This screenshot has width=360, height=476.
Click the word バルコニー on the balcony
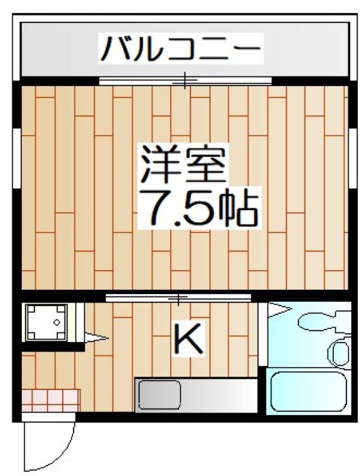(x=181, y=49)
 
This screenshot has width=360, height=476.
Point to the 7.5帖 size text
(x=198, y=207)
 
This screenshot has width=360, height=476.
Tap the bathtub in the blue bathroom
(x=308, y=391)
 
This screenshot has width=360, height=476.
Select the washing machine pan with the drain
(x=46, y=322)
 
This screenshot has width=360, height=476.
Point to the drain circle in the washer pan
(x=56, y=323)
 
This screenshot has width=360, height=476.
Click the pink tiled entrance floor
(x=51, y=400)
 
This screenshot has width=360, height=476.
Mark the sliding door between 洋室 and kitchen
(x=178, y=297)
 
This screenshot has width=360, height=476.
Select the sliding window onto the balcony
(x=185, y=80)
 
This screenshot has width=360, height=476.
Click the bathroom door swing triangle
(x=278, y=309)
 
